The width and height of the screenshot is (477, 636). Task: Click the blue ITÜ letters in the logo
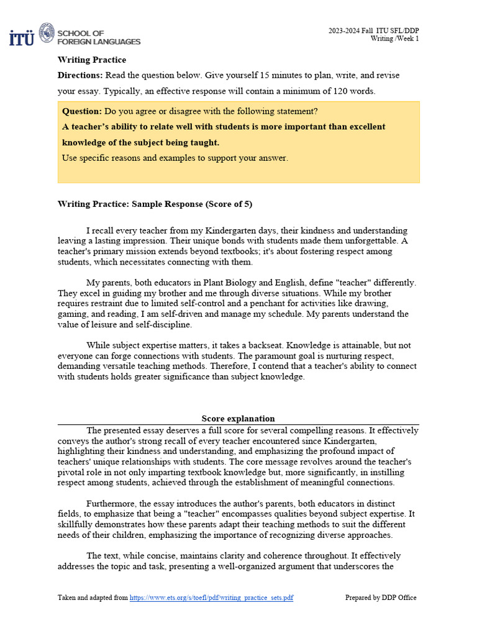[22, 37]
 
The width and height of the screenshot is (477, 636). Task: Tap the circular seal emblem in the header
[47, 34]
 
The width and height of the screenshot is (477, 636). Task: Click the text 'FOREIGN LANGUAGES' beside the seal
[99, 42]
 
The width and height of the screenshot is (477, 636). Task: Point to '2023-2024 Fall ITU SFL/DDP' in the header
[373, 30]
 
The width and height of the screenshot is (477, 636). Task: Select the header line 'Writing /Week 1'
[395, 39]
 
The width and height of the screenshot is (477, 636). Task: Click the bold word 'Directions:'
[80, 75]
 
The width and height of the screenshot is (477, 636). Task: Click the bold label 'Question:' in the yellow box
[82, 111]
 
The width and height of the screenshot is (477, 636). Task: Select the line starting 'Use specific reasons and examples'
[175, 158]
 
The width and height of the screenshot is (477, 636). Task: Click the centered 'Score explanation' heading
[238, 419]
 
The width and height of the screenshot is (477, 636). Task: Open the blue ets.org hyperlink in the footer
[211, 597]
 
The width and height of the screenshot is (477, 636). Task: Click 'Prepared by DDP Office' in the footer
[381, 597]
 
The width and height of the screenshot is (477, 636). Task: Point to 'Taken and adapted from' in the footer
[93, 597]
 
